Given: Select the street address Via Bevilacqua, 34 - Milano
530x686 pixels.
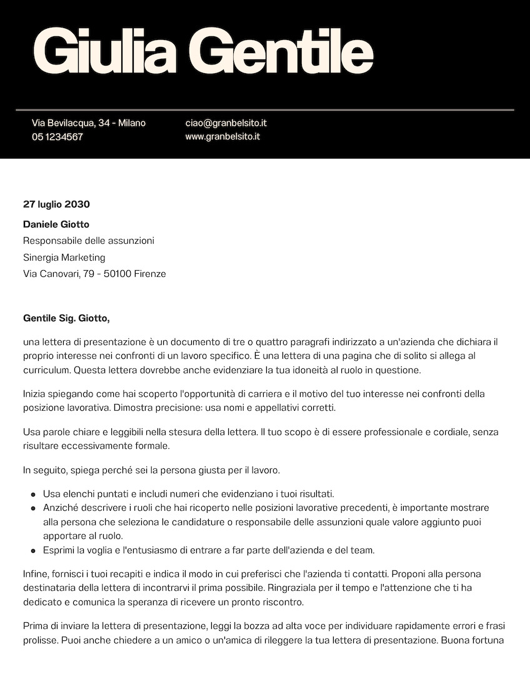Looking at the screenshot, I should (88, 123).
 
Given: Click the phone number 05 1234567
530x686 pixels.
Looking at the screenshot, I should (57, 137).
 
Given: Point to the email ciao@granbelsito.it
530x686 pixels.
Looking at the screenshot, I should (226, 123).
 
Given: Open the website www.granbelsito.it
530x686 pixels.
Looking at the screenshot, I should (222, 137).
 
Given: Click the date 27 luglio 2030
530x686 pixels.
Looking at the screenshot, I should (56, 204).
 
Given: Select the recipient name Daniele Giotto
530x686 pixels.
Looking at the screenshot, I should (56, 224).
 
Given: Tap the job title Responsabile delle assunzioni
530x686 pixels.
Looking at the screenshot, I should (88, 241).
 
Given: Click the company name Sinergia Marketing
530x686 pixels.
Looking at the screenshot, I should (64, 258).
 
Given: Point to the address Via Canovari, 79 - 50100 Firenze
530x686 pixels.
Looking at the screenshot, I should (94, 274).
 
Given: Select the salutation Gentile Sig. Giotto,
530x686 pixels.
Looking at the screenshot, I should (66, 319).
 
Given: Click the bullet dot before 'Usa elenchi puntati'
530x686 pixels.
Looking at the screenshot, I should (33, 495).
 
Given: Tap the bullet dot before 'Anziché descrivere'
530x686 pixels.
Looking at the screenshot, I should (33, 508).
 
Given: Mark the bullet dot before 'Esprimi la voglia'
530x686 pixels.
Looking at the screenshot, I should (33, 551).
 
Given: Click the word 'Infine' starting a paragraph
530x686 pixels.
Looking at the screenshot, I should (35, 574).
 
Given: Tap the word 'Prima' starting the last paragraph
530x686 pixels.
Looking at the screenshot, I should (35, 626).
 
